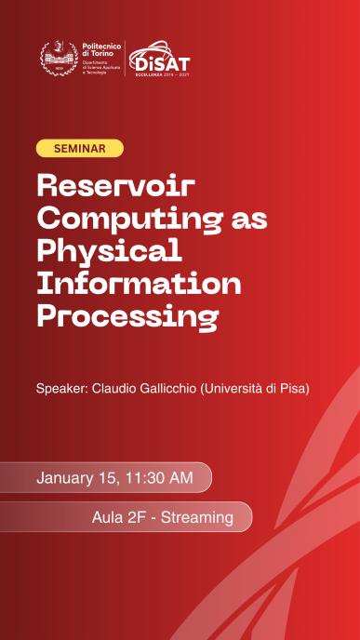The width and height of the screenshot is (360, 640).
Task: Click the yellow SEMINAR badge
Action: [x=79, y=149]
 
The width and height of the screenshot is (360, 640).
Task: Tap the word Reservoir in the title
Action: [x=116, y=185]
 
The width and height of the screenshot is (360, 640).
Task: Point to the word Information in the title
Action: [x=139, y=284]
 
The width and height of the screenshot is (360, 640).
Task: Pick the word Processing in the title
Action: [x=127, y=317]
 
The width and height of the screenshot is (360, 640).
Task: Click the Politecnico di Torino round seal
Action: [x=58, y=59]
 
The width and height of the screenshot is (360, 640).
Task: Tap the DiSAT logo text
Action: [x=162, y=61]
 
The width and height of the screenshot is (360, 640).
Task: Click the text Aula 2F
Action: [x=118, y=517]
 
